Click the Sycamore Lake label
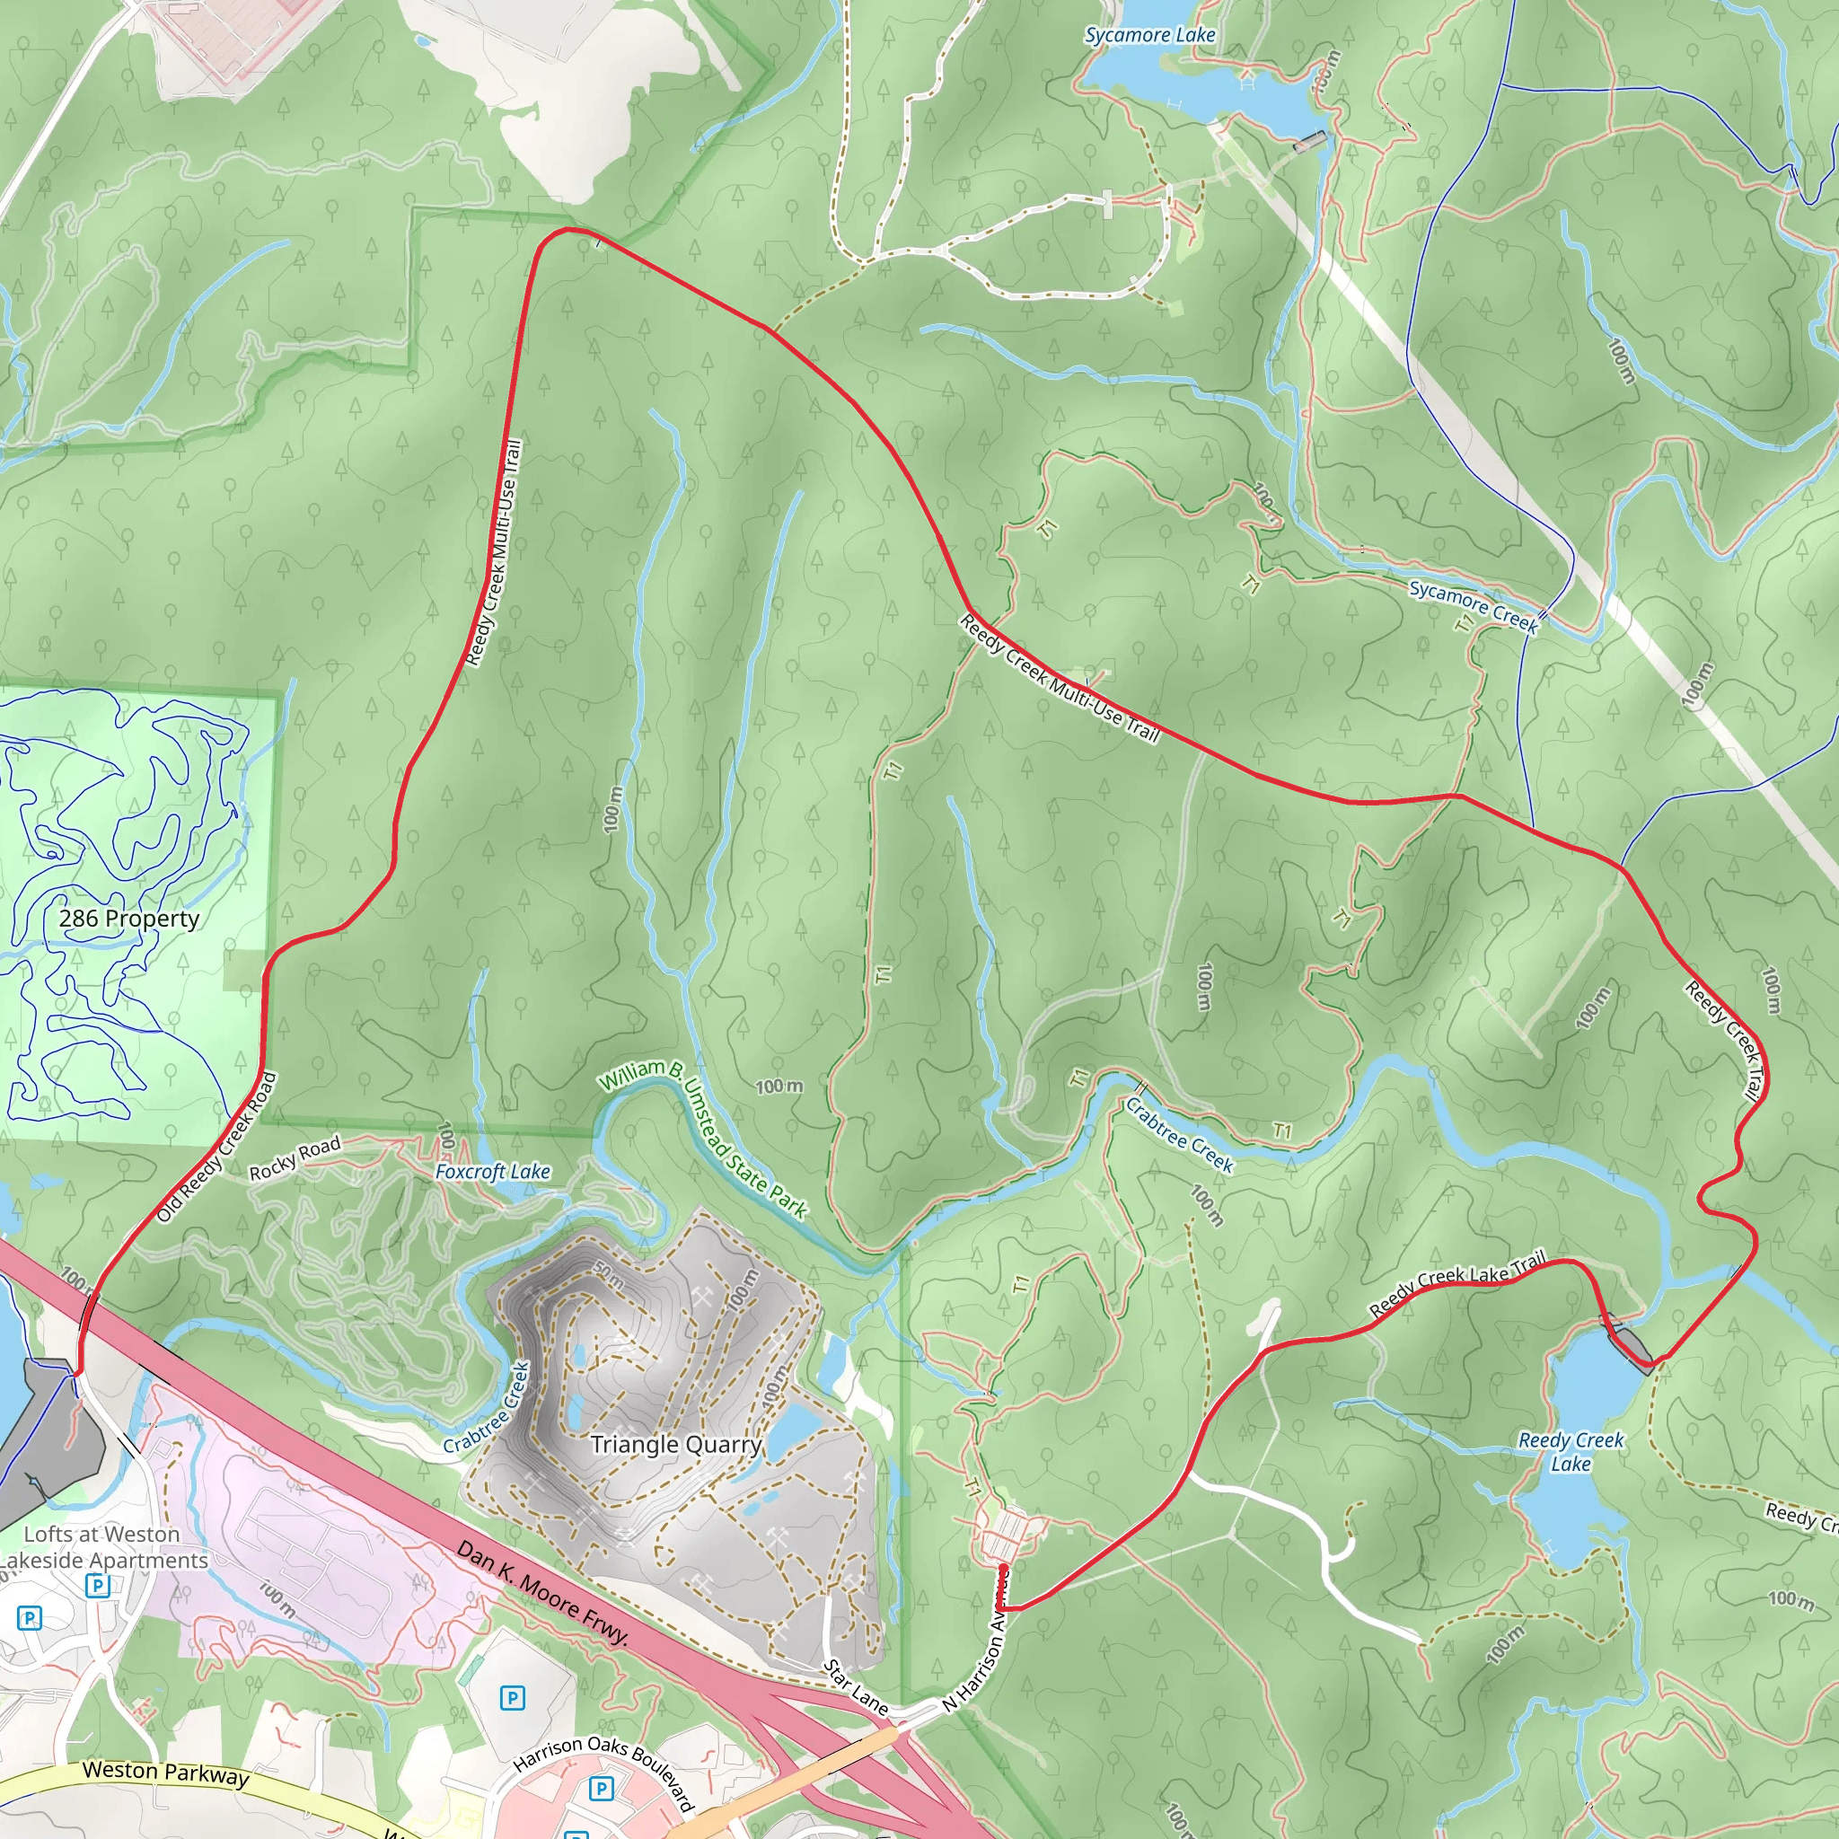pos(1150,35)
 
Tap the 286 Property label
pos(129,919)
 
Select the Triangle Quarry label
pos(676,1444)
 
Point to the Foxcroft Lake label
pos(493,1172)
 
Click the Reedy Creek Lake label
pos(1571,1453)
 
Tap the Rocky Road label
pos(295,1158)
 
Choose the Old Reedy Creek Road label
pos(217,1147)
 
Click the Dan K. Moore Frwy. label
pos(542,1592)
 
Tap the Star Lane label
pos(855,1687)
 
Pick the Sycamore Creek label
pos(1474,606)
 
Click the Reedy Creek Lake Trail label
pos(1457,1284)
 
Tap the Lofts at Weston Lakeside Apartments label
pos(102,1547)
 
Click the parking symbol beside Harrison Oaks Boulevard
pos(601,1789)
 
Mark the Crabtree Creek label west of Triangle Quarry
pos(487,1409)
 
